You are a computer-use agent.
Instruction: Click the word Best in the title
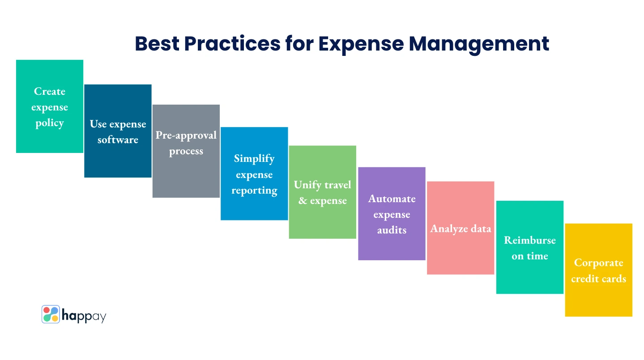[x=157, y=44]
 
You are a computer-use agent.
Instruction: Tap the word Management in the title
[x=479, y=45]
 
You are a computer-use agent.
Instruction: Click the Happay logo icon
[x=51, y=314]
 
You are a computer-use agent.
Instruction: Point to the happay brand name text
[x=84, y=316]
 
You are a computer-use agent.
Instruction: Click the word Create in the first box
[x=50, y=91]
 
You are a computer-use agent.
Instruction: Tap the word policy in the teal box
[x=50, y=123]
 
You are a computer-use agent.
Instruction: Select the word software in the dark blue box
[x=118, y=140]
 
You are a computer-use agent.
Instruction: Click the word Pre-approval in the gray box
[x=186, y=136]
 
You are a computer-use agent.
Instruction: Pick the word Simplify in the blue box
[x=254, y=159]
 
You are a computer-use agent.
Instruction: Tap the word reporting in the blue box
[x=255, y=191]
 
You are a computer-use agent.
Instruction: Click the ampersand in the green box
[x=303, y=200]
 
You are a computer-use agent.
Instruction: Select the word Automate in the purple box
[x=392, y=199]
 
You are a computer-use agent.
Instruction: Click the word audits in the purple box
[x=392, y=230]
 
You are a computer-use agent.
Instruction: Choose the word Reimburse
[x=530, y=240]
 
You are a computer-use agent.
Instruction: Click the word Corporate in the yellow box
[x=598, y=263]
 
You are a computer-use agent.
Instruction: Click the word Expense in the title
[x=361, y=45]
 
